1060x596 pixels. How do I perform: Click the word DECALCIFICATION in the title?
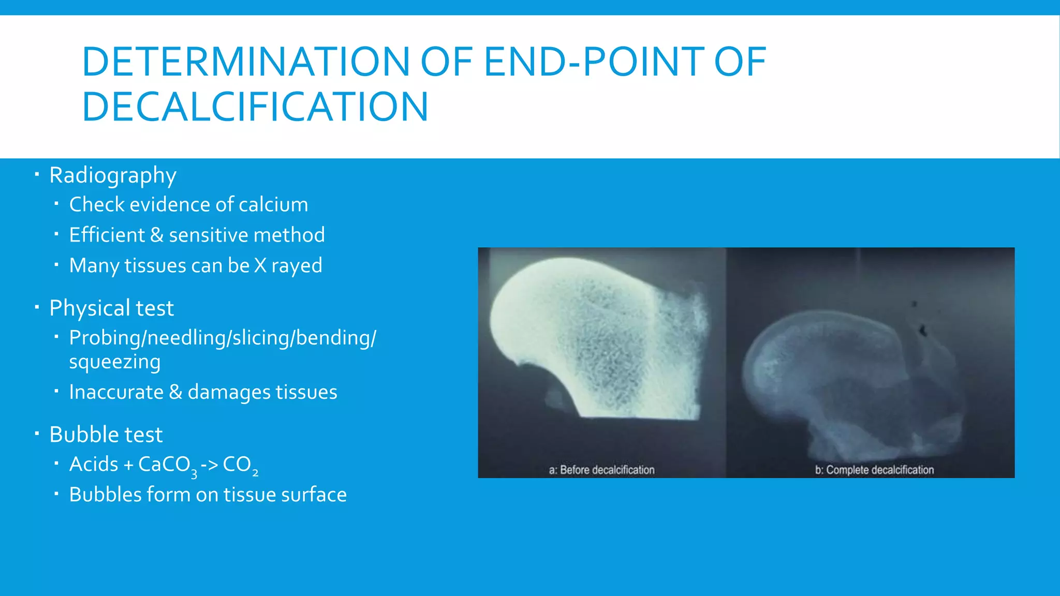[x=255, y=107]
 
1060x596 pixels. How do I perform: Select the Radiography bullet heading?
[x=113, y=175]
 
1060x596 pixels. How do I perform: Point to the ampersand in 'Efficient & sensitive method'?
[x=156, y=235]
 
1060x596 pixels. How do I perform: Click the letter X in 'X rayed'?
[x=260, y=265]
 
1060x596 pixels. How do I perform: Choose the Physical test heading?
[x=111, y=308]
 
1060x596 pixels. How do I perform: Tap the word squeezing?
[x=115, y=362]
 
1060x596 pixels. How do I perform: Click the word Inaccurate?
[x=116, y=392]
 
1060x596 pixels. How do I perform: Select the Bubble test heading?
[x=106, y=435]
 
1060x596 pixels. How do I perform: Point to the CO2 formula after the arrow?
[x=240, y=465]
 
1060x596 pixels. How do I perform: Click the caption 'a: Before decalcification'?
[x=601, y=470]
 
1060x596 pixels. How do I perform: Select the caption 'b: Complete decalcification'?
[x=874, y=470]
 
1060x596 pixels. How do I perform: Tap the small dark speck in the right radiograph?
[x=922, y=329]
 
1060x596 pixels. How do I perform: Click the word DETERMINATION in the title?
[x=246, y=62]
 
